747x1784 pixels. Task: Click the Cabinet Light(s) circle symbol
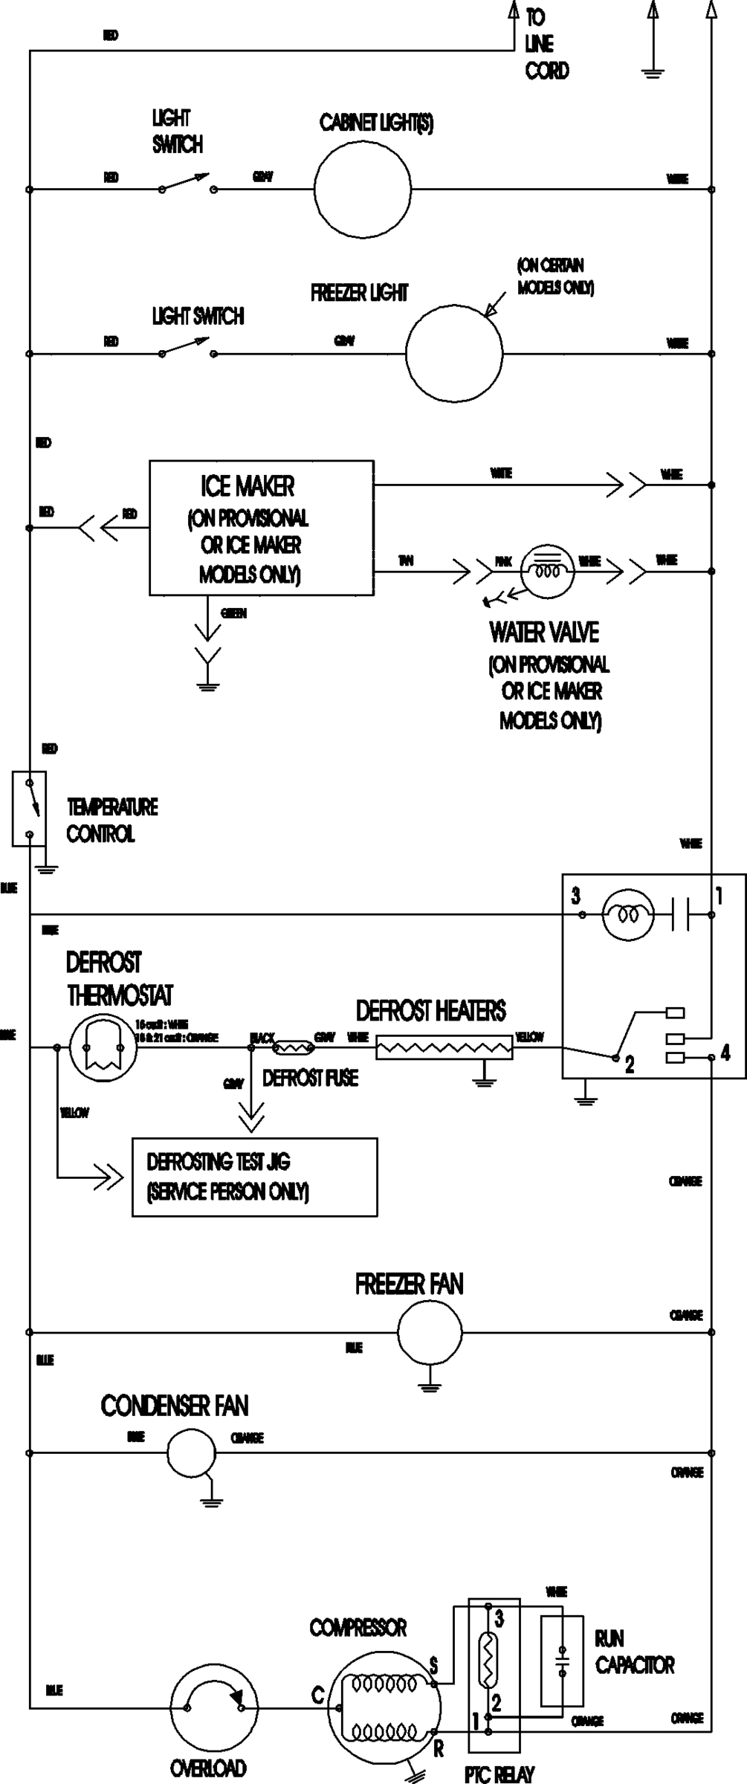click(362, 189)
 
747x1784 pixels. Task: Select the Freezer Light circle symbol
click(453, 352)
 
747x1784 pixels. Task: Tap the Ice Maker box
click(261, 528)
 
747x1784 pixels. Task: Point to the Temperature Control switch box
click(29, 808)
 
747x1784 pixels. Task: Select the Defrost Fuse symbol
click(294, 1048)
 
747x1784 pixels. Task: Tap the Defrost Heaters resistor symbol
click(444, 1048)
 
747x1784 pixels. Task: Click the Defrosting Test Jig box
click(254, 1177)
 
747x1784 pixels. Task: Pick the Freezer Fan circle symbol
click(429, 1333)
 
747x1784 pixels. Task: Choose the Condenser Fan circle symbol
click(191, 1452)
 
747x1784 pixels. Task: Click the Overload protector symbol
click(214, 1709)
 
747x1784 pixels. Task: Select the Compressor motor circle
click(384, 1708)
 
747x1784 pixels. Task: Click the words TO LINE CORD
click(546, 44)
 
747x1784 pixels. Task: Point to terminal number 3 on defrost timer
click(576, 896)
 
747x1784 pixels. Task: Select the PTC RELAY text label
click(499, 1775)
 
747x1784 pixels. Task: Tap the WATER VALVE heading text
click(543, 633)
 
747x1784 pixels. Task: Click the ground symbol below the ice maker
click(208, 684)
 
